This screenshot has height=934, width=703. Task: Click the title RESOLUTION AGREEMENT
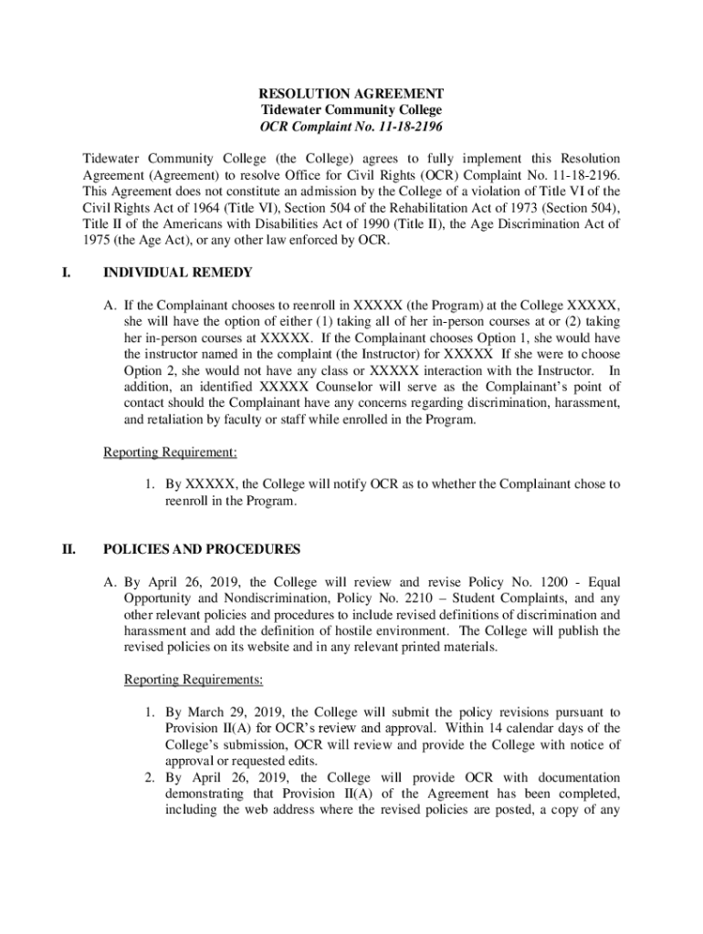(351, 94)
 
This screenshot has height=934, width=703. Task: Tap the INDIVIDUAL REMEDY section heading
(178, 273)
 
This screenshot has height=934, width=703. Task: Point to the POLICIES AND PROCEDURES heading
(202, 550)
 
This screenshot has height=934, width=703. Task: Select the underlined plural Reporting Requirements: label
(193, 680)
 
